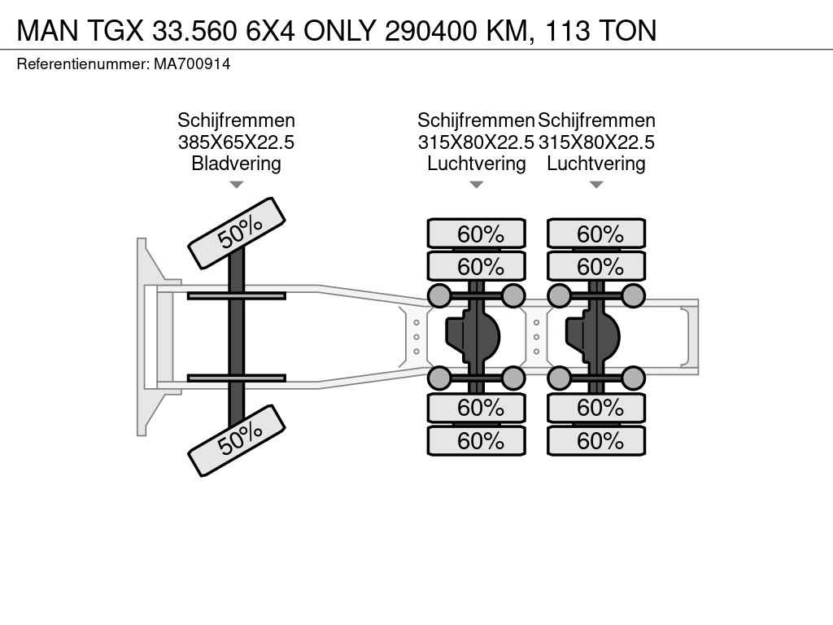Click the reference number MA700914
click(x=192, y=64)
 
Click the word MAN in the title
click(x=48, y=31)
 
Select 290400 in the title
click(x=431, y=31)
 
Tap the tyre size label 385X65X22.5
click(x=237, y=142)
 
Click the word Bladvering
click(x=237, y=163)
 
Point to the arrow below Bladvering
click(x=237, y=185)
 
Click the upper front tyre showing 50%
click(x=237, y=234)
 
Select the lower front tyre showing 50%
click(x=237, y=440)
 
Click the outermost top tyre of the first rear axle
click(x=477, y=234)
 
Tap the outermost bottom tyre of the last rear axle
click(x=596, y=440)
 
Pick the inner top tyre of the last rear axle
click(x=596, y=266)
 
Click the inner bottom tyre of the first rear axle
click(x=477, y=409)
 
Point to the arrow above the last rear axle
click(x=596, y=185)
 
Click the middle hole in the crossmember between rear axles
click(x=537, y=337)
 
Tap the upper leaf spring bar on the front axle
click(x=237, y=295)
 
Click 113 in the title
click(x=567, y=31)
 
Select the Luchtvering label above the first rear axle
click(x=477, y=163)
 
